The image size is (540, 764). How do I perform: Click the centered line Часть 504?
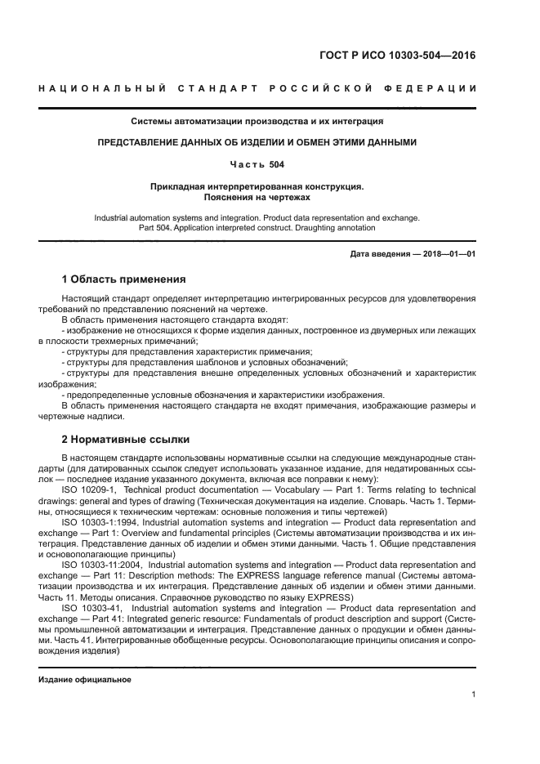point(257,164)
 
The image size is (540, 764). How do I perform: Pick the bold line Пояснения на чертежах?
point(257,197)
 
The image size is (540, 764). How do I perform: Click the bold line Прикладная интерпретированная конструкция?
point(257,186)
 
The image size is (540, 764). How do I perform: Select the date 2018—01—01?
point(449,254)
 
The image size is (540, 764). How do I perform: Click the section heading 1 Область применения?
point(123,279)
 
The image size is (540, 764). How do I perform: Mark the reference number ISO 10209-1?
point(89,488)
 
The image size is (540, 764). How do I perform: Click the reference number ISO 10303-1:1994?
point(100,521)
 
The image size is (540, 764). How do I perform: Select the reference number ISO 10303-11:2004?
point(102,564)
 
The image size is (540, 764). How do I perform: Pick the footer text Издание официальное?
point(85,680)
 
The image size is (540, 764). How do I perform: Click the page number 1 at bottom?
point(474,695)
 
